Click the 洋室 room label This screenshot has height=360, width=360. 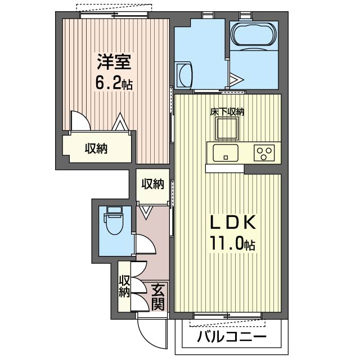[114, 62]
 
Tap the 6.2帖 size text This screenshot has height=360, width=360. [114, 84]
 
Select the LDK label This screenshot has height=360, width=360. [233, 222]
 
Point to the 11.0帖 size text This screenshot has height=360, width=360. [232, 245]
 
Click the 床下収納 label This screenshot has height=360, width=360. [227, 112]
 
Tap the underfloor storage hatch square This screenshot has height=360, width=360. [227, 129]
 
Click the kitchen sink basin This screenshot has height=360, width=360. [226, 153]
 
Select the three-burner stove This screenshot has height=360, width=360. [264, 153]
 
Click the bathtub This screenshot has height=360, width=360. [254, 36]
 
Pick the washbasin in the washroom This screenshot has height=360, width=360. [184, 75]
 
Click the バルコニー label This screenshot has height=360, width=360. [232, 337]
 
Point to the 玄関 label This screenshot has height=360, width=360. [158, 297]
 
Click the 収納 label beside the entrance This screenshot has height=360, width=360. [124, 286]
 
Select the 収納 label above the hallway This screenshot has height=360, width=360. [152, 184]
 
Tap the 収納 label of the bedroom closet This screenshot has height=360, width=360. [96, 148]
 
